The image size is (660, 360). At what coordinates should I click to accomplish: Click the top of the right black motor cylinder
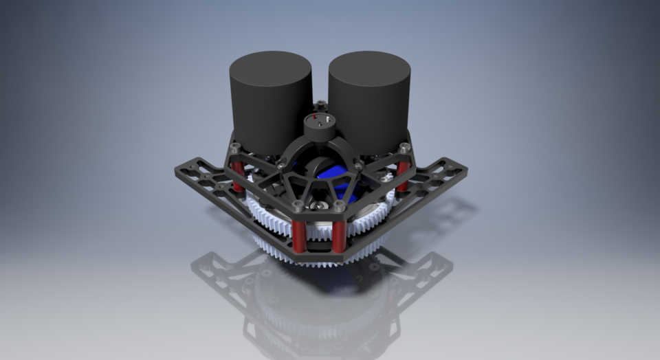369,67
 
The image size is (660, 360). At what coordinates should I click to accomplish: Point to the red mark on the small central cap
314,117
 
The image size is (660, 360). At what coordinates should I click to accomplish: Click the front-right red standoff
339,234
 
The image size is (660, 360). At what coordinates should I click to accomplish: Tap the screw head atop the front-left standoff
297,205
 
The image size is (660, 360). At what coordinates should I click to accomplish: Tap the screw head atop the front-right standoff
339,205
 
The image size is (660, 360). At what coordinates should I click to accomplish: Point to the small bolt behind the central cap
320,106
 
